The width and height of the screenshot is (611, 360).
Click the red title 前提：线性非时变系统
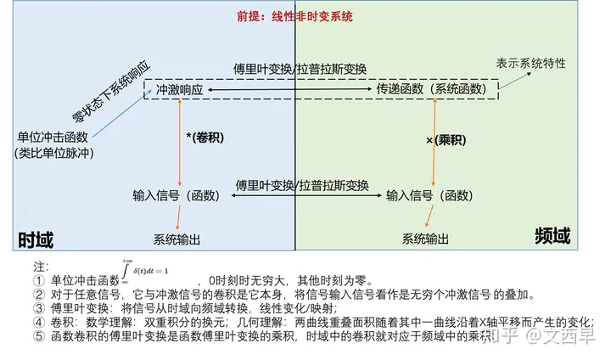294,16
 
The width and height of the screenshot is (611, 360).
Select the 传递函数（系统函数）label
432,88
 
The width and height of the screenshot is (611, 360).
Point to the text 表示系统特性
531,63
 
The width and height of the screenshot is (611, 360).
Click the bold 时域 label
36,240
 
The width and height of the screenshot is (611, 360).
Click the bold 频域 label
552,235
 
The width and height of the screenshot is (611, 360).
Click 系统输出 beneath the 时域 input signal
177,239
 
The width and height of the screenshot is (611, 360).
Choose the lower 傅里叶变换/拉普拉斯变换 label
301,184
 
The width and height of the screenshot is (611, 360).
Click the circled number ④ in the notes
39,322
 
